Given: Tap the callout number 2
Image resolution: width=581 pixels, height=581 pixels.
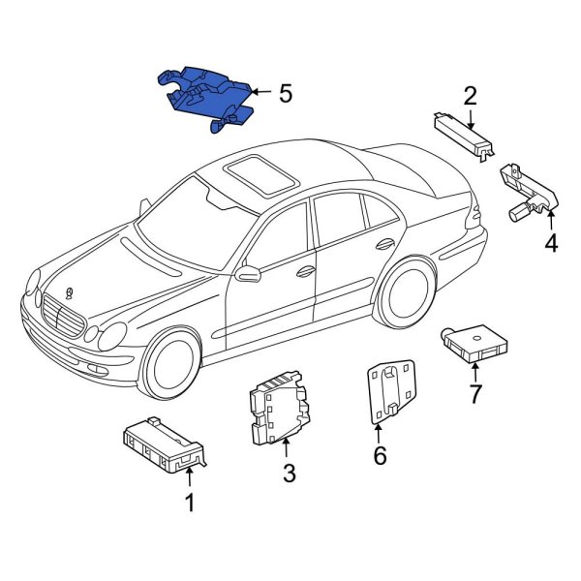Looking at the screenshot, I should (x=470, y=96).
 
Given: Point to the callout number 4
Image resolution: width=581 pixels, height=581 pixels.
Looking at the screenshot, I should (x=550, y=243).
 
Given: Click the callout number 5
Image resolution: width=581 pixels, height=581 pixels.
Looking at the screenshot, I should (x=285, y=94).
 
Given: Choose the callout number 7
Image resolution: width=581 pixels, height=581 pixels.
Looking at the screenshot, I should (x=474, y=394).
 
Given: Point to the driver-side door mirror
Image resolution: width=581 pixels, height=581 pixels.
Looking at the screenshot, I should (x=250, y=273).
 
